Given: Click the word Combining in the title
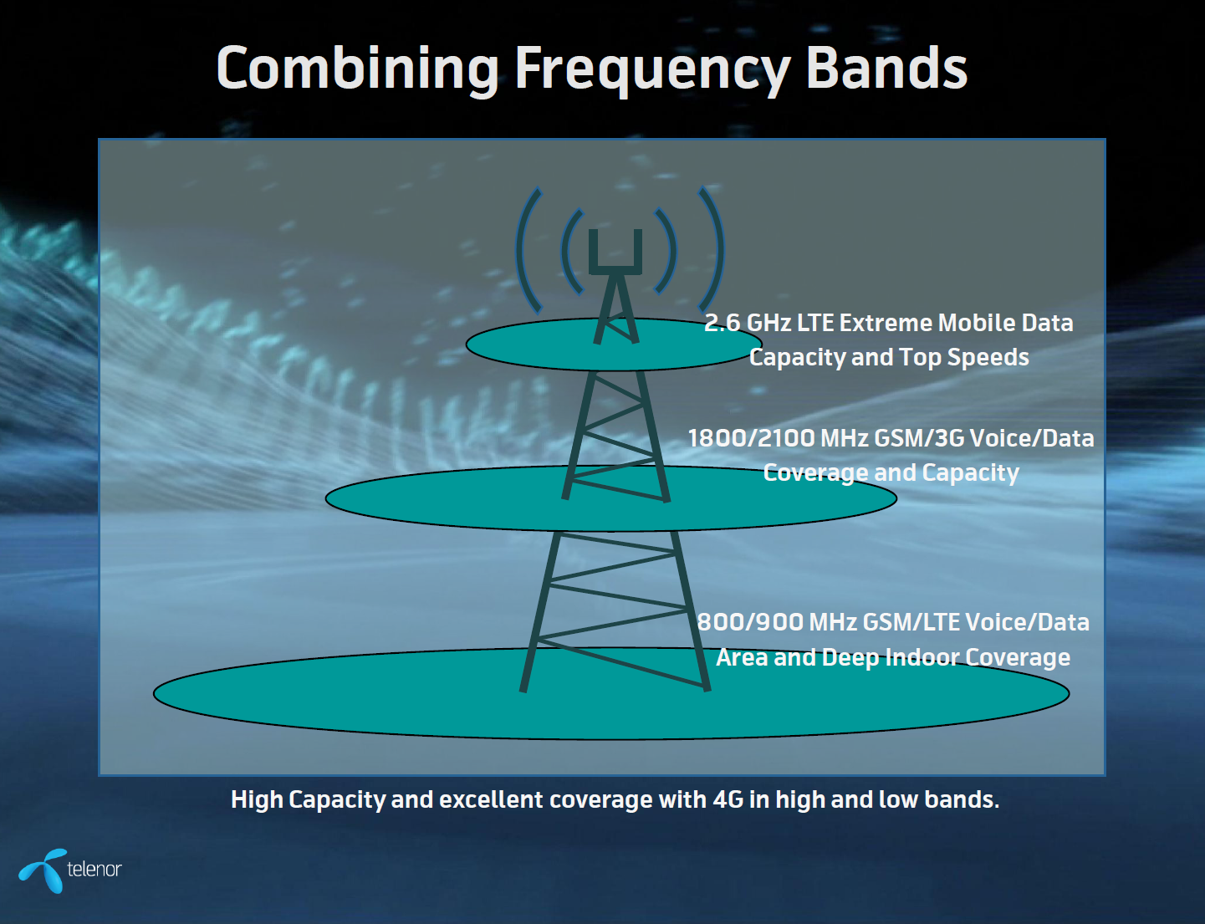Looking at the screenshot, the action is tap(358, 69).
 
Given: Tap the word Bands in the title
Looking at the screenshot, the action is tap(886, 68).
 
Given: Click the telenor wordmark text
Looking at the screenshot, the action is tap(94, 869).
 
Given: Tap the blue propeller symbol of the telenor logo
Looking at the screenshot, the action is tap(44, 870).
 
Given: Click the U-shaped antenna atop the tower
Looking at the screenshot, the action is tap(615, 253).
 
